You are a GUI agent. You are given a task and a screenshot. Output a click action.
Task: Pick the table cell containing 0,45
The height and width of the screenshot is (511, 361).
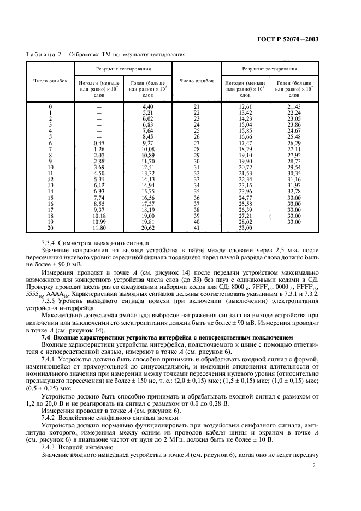click(x=99, y=143)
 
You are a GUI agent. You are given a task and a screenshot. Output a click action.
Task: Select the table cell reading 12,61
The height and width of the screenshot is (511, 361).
click(x=245, y=106)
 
